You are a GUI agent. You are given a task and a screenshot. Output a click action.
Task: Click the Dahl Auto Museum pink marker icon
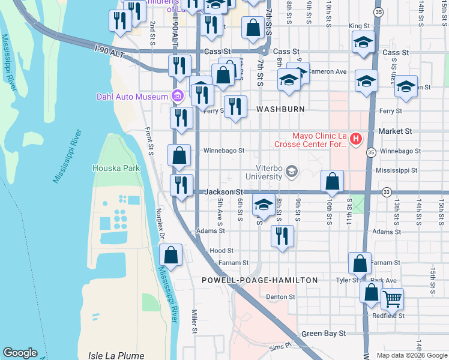pos(177,96)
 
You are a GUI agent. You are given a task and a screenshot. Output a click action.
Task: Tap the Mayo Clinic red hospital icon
pos(356,140)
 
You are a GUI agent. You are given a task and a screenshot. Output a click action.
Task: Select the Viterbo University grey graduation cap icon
pos(292,172)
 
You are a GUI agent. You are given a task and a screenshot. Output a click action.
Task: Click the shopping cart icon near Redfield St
pos(392,298)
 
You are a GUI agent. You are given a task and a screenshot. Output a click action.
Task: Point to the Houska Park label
pos(116,168)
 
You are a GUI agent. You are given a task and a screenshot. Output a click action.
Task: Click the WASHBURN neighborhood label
pos(280,109)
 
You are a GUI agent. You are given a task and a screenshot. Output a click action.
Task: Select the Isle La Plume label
pos(116,355)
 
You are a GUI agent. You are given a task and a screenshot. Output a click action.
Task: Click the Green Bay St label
pos(324,333)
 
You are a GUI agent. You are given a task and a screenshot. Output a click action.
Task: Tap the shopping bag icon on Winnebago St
pos(179,156)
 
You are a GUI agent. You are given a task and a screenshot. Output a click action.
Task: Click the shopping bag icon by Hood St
pos(171,254)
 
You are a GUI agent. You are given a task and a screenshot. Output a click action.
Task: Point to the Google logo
pos(20,353)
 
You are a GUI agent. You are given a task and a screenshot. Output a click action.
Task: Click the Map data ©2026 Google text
pos(411,355)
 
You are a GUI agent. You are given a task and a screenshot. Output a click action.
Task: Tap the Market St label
pos(399,131)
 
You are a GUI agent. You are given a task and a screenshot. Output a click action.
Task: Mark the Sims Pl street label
pos(279,346)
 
